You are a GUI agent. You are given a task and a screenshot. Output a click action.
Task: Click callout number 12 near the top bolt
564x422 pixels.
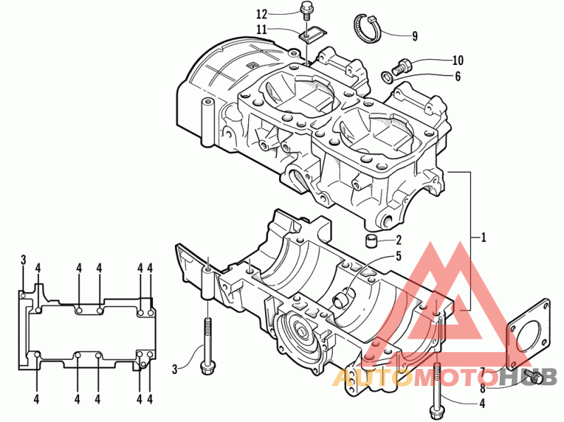tap(262, 14)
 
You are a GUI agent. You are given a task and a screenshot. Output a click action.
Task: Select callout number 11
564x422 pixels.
tap(262, 29)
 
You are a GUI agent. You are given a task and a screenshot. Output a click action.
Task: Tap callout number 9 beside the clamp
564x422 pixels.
tap(415, 36)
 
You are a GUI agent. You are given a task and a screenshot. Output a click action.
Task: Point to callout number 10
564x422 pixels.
tap(458, 60)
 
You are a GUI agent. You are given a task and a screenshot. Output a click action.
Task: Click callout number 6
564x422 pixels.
tap(458, 76)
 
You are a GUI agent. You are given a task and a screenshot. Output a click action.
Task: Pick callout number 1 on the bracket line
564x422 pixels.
tap(484, 238)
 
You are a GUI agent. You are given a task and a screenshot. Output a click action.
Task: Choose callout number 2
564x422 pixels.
tap(398, 240)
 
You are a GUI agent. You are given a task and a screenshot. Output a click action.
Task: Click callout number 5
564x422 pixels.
tap(398, 256)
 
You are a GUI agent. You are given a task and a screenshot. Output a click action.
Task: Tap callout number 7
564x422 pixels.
tap(483, 371)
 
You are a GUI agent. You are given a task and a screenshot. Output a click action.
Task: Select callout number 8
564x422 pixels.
tap(483, 388)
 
